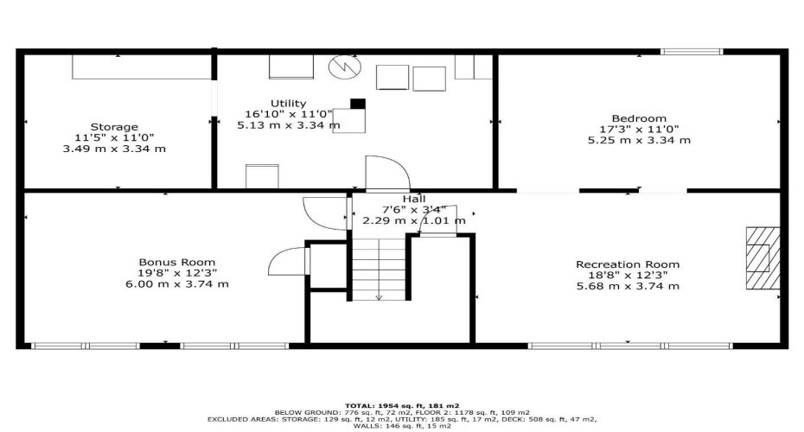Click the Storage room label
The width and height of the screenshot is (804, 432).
click(x=114, y=127)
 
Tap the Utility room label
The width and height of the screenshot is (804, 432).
click(x=288, y=104)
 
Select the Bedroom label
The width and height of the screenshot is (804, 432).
click(x=639, y=118)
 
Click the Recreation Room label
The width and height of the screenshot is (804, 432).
click(x=628, y=264)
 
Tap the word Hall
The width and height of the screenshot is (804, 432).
click(x=390, y=199)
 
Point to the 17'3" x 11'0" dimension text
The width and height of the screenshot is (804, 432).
click(x=639, y=130)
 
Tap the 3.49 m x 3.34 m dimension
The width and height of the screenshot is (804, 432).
click(x=114, y=149)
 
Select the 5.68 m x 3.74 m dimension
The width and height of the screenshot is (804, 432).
click(x=628, y=286)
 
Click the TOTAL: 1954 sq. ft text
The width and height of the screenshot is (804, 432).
click(x=402, y=404)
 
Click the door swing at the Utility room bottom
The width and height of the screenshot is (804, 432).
click(x=382, y=173)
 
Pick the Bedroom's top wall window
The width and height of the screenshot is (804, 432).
click(x=691, y=53)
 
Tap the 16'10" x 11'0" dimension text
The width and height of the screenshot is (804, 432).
click(x=288, y=114)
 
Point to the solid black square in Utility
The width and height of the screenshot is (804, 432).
click(x=357, y=105)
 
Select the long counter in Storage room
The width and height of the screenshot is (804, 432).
click(x=141, y=68)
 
